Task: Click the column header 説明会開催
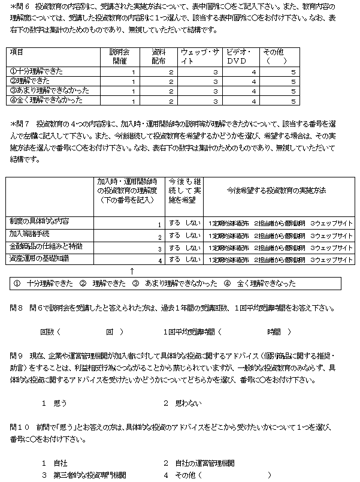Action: pos(120,56)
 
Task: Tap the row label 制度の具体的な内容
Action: pos(40,222)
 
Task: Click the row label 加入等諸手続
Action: pos(31,234)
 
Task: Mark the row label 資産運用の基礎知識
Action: pos(40,258)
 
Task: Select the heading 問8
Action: pos(16,308)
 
